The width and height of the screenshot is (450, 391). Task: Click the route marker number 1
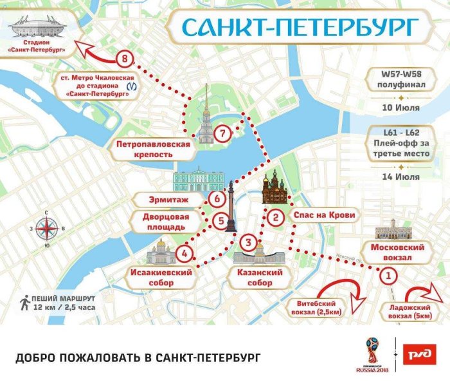(x=387, y=276)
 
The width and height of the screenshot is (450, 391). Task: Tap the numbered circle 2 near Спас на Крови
(x=275, y=217)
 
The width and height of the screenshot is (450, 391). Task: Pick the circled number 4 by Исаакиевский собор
(x=185, y=253)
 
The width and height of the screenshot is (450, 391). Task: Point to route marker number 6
(x=217, y=200)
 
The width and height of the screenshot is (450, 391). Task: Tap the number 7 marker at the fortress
(x=223, y=134)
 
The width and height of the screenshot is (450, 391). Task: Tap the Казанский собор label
(x=259, y=278)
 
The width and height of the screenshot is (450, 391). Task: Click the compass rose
(x=46, y=228)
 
